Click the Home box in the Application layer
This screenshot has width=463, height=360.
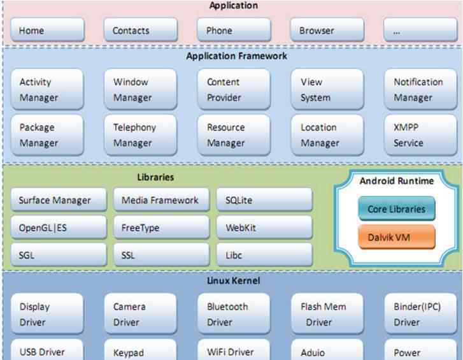coord(47,30)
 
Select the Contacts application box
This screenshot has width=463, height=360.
coord(141,30)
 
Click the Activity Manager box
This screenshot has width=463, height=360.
coord(47,90)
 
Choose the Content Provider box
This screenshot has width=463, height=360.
coord(234,90)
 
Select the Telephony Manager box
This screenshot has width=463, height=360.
coord(141,135)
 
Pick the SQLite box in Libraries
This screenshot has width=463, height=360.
coord(264,200)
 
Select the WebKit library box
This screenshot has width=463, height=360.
coord(264,227)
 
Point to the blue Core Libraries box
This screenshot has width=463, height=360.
coord(396,209)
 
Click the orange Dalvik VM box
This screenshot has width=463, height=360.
coord(396,237)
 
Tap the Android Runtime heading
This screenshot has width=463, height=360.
coord(396,181)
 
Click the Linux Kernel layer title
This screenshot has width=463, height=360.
coord(233,280)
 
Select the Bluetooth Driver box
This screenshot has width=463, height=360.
coord(234,314)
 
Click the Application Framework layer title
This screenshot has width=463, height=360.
coord(236,56)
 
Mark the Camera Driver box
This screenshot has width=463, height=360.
coord(141,314)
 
